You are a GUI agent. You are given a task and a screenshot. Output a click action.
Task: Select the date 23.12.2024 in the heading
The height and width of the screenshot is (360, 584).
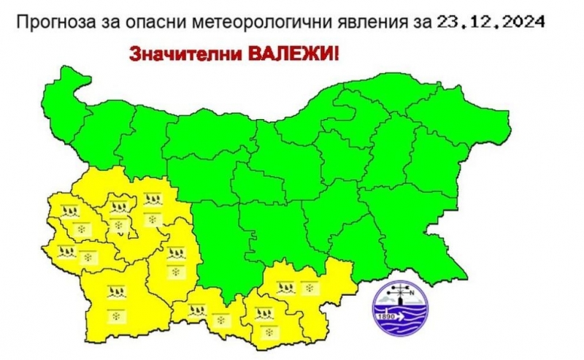[491, 21]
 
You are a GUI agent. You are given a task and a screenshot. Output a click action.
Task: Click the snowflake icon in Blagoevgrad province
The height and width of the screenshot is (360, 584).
[117, 315]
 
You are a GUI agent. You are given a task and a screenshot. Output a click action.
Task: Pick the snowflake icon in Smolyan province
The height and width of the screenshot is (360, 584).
[220, 320]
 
